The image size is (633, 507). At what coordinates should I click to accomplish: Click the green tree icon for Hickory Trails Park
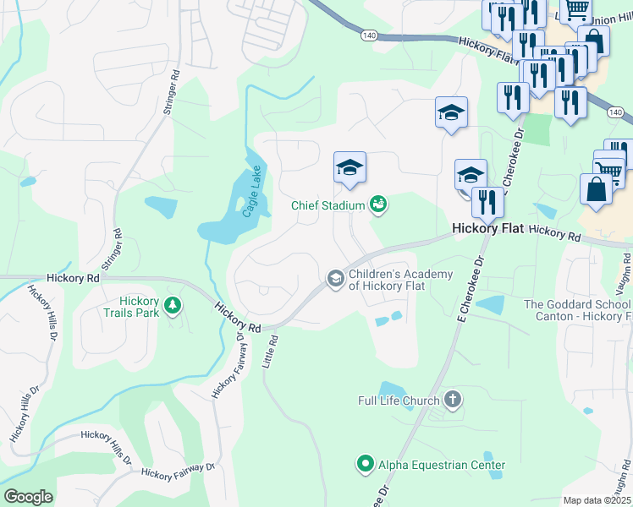click(x=173, y=304)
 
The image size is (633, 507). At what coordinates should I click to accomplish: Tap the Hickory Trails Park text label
click(x=139, y=307)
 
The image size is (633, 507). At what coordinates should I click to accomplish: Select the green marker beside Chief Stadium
click(x=378, y=204)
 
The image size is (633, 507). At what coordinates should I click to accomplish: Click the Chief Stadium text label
click(x=328, y=205)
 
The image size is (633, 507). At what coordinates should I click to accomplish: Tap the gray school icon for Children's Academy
click(x=335, y=278)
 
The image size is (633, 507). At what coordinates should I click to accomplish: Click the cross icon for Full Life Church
click(x=453, y=400)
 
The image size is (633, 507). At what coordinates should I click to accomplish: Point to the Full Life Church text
click(x=399, y=401)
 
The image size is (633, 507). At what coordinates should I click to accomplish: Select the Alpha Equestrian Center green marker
click(x=365, y=464)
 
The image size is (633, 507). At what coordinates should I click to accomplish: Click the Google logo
click(x=28, y=496)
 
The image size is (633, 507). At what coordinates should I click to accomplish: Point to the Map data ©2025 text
click(x=597, y=500)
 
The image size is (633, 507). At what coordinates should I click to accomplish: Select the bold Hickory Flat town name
click(x=488, y=229)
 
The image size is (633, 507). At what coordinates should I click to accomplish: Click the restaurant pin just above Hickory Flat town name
click(x=487, y=201)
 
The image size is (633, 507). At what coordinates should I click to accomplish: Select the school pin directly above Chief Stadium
click(x=350, y=167)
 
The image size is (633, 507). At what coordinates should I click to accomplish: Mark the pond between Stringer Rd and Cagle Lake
click(x=161, y=205)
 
